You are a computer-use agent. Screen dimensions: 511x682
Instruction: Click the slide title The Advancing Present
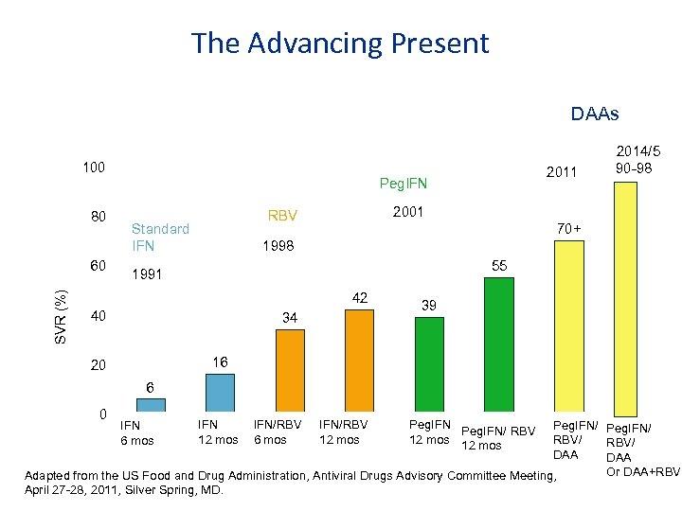pyautogui.click(x=340, y=44)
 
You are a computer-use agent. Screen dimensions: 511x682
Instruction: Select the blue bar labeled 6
pyautogui.click(x=152, y=405)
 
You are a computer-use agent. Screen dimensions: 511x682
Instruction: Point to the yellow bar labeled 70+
pyautogui.click(x=567, y=326)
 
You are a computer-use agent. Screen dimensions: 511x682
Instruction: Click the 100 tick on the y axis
pyautogui.click(x=93, y=167)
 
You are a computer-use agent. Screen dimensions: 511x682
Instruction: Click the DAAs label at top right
pyautogui.click(x=595, y=115)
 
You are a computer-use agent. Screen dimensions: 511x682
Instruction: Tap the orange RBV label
pyautogui.click(x=282, y=215)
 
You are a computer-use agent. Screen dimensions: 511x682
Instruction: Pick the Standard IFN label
pyautogui.click(x=160, y=237)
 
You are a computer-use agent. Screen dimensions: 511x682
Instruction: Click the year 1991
pyautogui.click(x=147, y=275)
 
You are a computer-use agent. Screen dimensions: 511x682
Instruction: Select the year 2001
pyautogui.click(x=407, y=212)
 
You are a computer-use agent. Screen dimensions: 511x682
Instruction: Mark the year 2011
pyautogui.click(x=561, y=172)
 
